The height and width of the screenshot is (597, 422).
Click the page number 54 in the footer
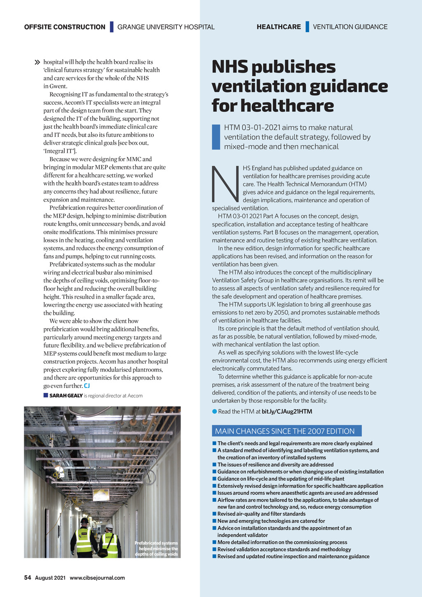tap(28, 578)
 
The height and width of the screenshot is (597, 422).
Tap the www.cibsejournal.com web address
tap(97, 578)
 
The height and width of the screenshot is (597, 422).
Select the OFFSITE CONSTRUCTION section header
tap(65, 27)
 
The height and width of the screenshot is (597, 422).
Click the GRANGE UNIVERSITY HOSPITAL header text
tap(166, 27)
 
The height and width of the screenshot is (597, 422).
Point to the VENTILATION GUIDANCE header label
tap(350, 27)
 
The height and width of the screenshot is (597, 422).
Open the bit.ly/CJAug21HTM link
tap(287, 411)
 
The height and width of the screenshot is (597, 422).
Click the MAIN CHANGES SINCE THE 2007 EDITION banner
tap(286, 431)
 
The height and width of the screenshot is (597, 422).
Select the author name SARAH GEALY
tap(66, 396)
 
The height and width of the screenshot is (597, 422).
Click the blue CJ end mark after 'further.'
tap(87, 386)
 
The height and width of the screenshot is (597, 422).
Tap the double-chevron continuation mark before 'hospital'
tap(38, 62)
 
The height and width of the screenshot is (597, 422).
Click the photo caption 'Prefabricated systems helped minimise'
tap(157, 548)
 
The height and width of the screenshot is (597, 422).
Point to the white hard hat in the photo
tap(109, 526)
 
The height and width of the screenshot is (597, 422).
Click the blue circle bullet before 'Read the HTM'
tap(214, 411)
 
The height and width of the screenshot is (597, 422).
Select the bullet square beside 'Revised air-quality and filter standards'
tap(214, 514)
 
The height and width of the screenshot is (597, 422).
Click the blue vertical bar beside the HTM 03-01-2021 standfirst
tap(216, 137)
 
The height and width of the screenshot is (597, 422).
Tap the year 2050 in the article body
tap(275, 313)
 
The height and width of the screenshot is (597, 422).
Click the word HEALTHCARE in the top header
tap(279, 27)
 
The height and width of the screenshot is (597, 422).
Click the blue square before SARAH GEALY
tap(46, 395)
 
